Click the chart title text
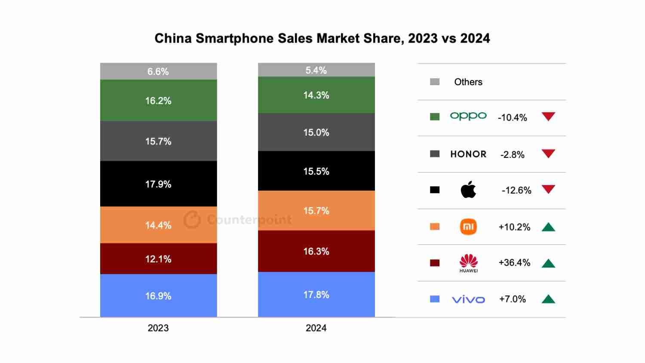pos(322,38)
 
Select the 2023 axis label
pos(158,328)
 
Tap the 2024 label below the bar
pos(316,328)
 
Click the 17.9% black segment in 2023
pos(158,184)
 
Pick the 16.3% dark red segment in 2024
pos(316,251)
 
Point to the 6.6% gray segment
pos(158,71)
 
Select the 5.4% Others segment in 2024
pos(316,70)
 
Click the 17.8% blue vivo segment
pos(316,295)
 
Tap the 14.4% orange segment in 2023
pos(158,225)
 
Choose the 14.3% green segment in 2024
pos(316,95)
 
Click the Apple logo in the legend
pos(468,190)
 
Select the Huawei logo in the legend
pos(468,262)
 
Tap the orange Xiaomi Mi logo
pos(468,227)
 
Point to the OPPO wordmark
pos(468,116)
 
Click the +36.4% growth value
pos(514,263)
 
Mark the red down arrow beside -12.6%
pos(548,189)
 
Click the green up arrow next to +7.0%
pos(548,299)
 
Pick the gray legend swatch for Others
pos(435,82)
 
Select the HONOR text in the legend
pos(468,154)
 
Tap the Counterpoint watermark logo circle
pos(192,220)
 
